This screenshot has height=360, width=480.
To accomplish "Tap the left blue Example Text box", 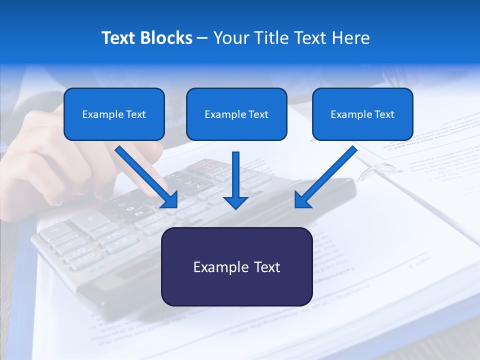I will click(114, 114).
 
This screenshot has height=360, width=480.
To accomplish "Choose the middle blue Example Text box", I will click(236, 114).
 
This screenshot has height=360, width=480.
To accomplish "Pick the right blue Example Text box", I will click(362, 114).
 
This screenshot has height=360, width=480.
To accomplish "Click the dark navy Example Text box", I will click(236, 267).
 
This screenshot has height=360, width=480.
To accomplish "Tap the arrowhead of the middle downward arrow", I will click(235, 201).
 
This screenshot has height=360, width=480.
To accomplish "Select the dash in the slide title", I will click(202, 38).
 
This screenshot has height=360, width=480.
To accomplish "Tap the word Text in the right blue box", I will click(384, 114).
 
